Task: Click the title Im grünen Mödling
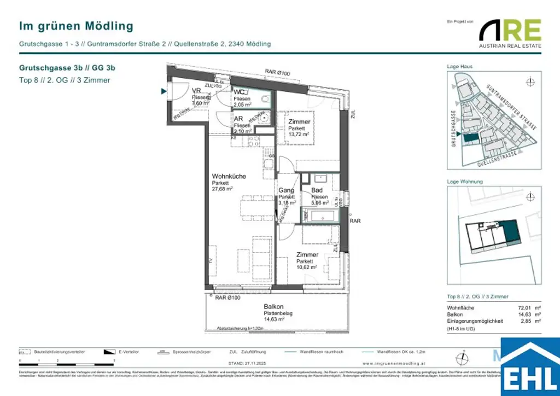[x=76, y=26]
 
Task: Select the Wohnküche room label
[x=229, y=177]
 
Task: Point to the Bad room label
[x=317, y=190]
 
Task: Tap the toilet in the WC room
[x=266, y=99]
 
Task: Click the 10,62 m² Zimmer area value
[x=307, y=267]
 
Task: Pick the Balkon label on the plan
[x=273, y=307]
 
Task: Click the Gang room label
[x=286, y=190]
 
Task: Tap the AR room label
[x=238, y=119]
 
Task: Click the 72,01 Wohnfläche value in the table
[x=524, y=308]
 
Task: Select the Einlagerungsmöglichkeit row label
[x=475, y=321]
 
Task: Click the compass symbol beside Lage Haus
[x=529, y=83]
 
